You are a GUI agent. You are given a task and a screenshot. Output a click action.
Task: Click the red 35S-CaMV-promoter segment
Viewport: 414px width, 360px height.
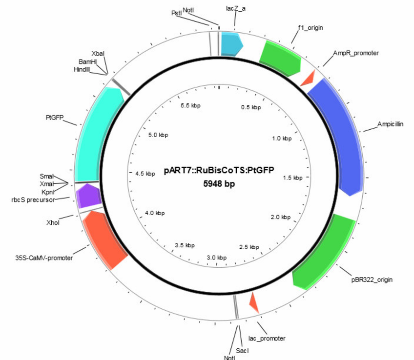(104, 239)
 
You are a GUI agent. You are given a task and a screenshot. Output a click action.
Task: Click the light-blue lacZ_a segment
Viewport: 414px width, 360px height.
(231, 44)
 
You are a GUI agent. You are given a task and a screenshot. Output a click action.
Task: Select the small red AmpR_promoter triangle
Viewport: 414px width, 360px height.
(309, 79)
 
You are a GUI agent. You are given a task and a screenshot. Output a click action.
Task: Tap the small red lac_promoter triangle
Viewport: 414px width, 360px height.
(254, 302)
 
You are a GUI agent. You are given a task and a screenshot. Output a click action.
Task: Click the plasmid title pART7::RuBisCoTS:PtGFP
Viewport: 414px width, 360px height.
(219, 170)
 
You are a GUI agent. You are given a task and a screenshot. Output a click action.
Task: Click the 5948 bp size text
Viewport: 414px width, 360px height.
(219, 183)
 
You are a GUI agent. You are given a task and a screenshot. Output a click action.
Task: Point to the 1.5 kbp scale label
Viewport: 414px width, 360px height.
(293, 178)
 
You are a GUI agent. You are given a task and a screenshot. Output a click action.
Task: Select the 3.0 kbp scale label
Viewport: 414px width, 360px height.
(217, 258)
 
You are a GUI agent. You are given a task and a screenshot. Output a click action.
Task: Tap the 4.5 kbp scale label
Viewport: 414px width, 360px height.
(145, 174)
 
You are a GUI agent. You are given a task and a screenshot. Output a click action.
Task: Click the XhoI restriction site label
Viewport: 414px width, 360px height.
(53, 222)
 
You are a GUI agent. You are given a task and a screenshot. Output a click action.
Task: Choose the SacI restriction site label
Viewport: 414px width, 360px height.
(242, 351)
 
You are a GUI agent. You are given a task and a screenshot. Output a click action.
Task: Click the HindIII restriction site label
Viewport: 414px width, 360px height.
(82, 69)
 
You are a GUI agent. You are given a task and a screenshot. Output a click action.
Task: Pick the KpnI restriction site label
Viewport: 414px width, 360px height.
(48, 192)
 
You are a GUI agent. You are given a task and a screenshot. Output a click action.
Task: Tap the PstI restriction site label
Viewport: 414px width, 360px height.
(176, 13)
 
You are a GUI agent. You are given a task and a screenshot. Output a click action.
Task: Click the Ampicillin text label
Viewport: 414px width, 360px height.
(390, 124)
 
